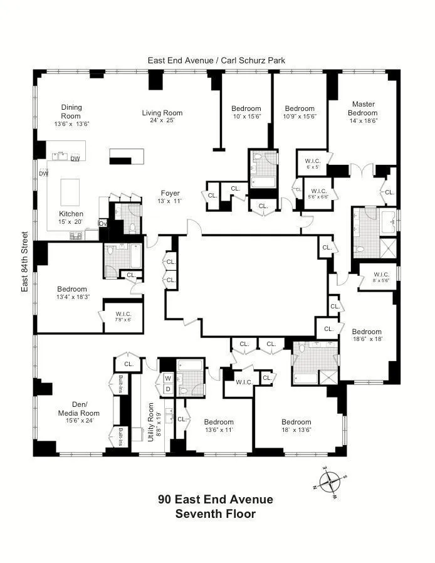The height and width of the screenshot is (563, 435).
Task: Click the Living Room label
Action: pyautogui.click(x=162, y=113)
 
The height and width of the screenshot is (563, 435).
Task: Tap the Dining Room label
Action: pyautogui.click(x=71, y=112)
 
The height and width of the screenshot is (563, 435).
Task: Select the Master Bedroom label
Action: pyautogui.click(x=363, y=108)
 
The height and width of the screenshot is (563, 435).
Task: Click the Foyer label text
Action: pyautogui.click(x=170, y=194)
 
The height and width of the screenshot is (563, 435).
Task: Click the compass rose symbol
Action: pyautogui.click(x=328, y=482)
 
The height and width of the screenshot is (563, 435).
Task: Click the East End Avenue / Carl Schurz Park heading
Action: pyautogui.click(x=216, y=60)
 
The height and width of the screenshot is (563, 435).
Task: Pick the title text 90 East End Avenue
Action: pyautogui.click(x=215, y=500)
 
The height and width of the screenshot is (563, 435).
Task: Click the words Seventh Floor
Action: pyautogui.click(x=215, y=514)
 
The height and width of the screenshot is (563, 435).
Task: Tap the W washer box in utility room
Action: pyautogui.click(x=167, y=379)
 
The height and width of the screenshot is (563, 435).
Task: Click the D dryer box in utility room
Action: pyautogui.click(x=167, y=389)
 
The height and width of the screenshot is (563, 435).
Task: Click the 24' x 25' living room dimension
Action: pyautogui.click(x=162, y=121)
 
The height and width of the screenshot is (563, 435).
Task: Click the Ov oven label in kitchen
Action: pyautogui.click(x=103, y=223)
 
